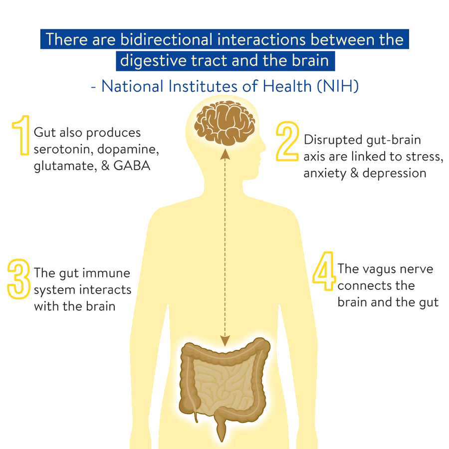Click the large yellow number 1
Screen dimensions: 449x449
pos(21,135)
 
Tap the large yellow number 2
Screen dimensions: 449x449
pos(287,141)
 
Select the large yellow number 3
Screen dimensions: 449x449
pos(18,279)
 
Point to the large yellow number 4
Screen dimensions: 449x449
pos(324,271)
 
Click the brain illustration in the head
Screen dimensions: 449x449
pos(225,123)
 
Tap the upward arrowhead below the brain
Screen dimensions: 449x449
pos(225,154)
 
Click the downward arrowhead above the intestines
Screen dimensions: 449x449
pos(225,341)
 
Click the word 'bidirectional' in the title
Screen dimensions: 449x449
pos(166,39)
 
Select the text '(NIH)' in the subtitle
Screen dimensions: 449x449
pos(338,86)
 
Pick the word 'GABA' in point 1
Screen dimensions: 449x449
pos(132,166)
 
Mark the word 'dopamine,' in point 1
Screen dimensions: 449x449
pos(128,150)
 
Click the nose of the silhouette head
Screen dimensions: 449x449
pos(264,147)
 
